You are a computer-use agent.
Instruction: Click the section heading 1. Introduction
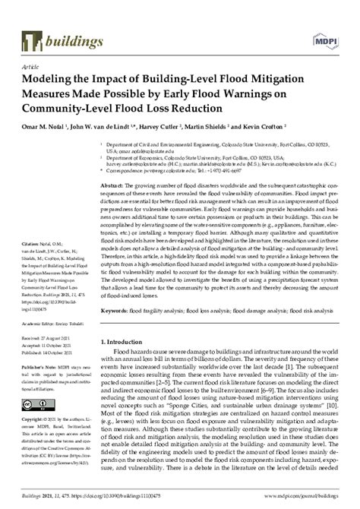pyautogui.click(x=125, y=343)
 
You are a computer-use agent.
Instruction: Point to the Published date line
pyautogui.click(x=50, y=353)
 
